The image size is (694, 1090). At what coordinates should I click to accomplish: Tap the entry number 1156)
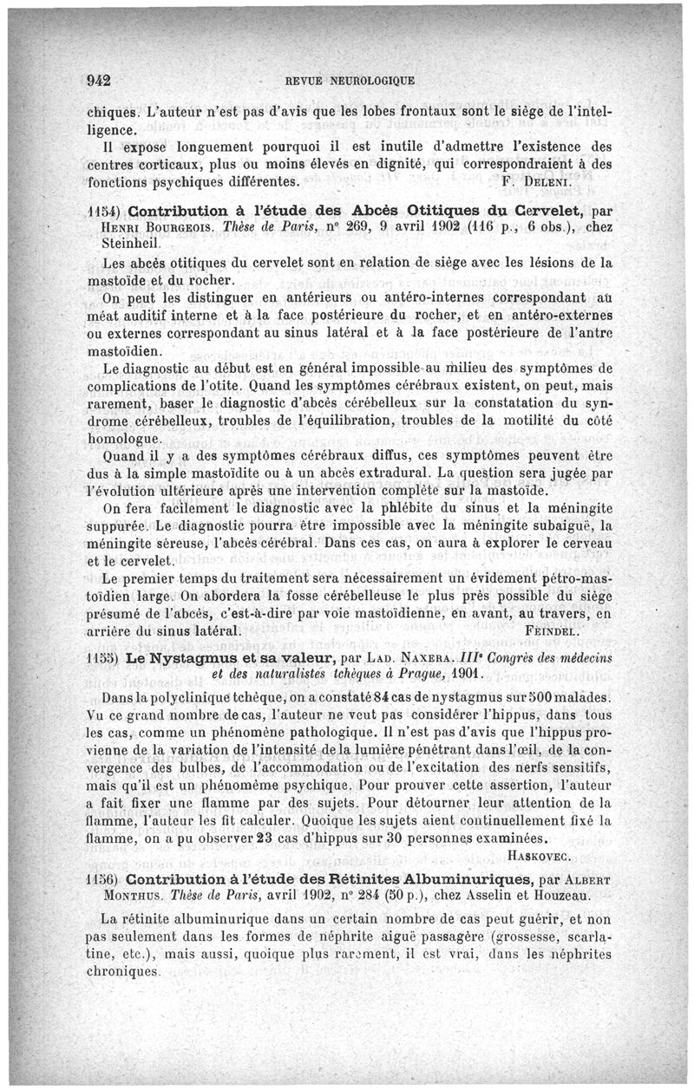(x=104, y=878)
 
